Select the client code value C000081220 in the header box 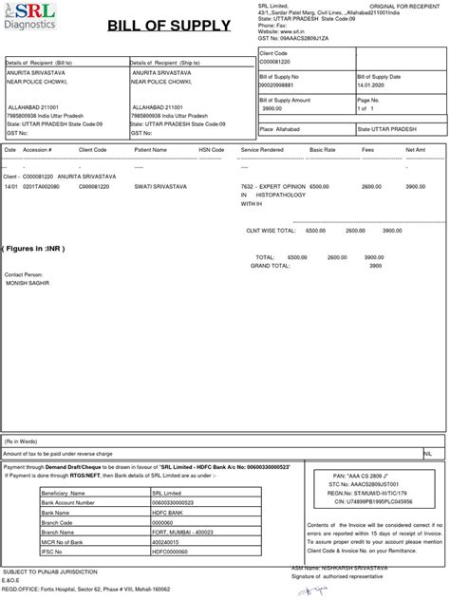pyautogui.click(x=281, y=60)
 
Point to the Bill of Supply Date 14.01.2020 pyautogui.click(x=372, y=84)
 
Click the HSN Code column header pyautogui.click(x=211, y=150)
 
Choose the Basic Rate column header pyautogui.click(x=322, y=150)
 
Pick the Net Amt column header pyautogui.click(x=415, y=150)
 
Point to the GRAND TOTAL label pyautogui.click(x=272, y=266)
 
